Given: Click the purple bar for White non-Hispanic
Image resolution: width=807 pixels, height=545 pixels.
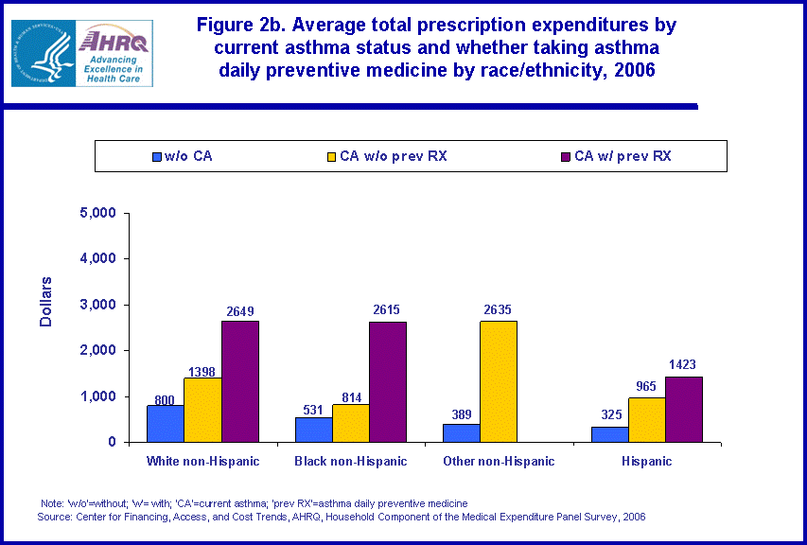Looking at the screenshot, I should pos(240,381).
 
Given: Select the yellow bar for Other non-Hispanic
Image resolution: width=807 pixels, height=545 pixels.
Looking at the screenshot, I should pos(499,381).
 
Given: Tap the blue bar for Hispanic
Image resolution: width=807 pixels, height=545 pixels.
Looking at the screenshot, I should pos(610,434).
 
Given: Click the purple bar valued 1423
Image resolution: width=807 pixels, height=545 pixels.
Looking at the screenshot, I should pos(684,409).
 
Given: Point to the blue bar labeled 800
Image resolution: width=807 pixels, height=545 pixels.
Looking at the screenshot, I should pos(166,423).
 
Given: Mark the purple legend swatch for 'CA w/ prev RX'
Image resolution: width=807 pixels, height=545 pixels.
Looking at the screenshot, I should pos(566,155).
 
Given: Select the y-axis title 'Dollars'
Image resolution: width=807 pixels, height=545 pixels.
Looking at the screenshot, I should pos(46,302).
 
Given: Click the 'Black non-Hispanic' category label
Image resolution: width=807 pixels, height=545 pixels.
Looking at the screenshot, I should pos(350,462).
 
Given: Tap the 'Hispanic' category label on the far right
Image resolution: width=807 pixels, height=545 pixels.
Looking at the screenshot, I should pos(647,462).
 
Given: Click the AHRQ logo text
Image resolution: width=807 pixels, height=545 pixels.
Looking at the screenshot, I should pos(113,41).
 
